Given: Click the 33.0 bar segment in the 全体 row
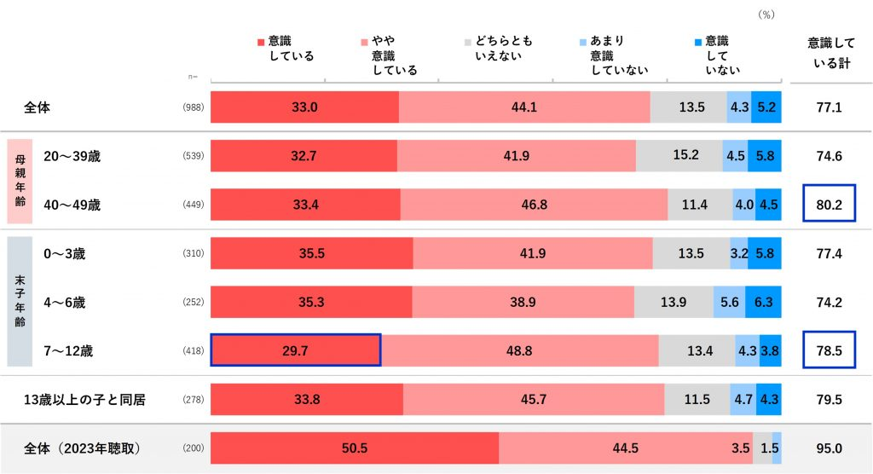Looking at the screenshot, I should tap(304, 108).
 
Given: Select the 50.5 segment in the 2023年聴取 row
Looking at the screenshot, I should tap(354, 448).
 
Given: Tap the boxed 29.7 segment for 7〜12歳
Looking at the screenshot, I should tap(295, 350).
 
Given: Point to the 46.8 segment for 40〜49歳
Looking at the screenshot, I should tap(534, 205).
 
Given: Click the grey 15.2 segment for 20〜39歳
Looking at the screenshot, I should tap(679, 156).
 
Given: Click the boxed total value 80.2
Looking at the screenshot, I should tap(829, 205).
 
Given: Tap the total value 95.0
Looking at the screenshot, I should tap(829, 448).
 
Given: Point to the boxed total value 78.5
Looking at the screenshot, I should tap(829, 350).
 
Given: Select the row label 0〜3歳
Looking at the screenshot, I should tap(64, 254).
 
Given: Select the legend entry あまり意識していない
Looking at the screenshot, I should tap(612, 55).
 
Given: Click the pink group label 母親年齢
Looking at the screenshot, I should tap(20, 181).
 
